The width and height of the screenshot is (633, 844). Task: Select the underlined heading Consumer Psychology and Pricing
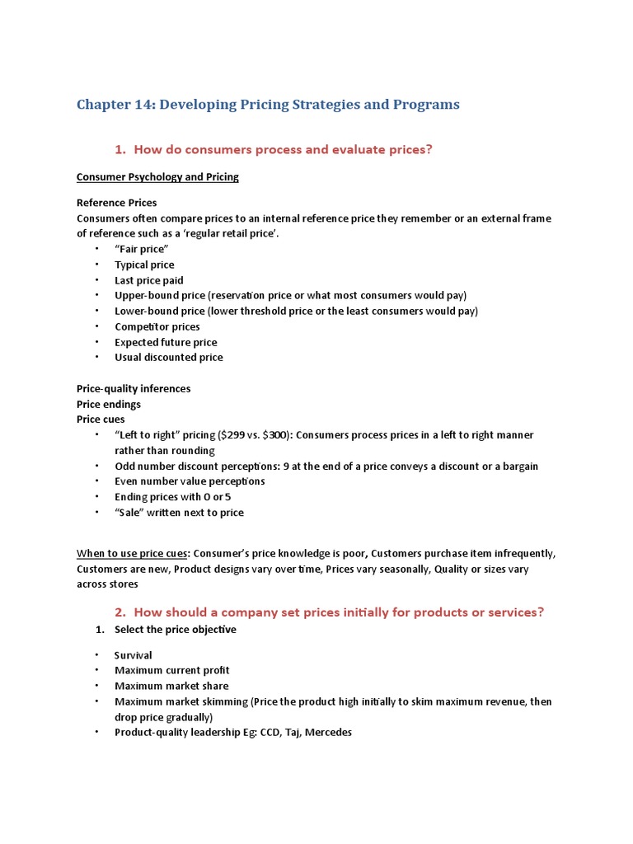pyautogui.click(x=157, y=177)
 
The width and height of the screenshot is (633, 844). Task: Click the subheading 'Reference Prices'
pyautogui.click(x=116, y=203)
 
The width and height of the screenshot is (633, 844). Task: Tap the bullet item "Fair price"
pyautogui.click(x=142, y=249)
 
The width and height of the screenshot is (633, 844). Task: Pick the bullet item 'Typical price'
pyautogui.click(x=144, y=265)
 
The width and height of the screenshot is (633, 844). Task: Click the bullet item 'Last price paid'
pyautogui.click(x=148, y=280)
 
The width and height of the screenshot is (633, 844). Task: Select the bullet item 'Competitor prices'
pyautogui.click(x=157, y=326)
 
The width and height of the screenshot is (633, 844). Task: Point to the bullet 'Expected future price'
pyautogui.click(x=166, y=342)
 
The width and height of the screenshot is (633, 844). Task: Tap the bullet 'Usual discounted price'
pyautogui.click(x=168, y=358)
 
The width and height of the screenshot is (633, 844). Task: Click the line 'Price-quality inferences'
pyautogui.click(x=133, y=388)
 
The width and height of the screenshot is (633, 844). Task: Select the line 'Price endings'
pyautogui.click(x=108, y=404)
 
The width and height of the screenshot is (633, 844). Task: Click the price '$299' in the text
pyautogui.click(x=230, y=435)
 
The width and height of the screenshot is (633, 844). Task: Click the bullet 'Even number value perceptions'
pyautogui.click(x=190, y=481)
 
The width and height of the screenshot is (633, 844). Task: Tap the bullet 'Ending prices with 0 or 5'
pyautogui.click(x=172, y=497)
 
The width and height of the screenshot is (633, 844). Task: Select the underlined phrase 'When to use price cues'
pyautogui.click(x=132, y=553)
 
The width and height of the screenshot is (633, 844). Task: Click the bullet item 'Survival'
pyautogui.click(x=133, y=655)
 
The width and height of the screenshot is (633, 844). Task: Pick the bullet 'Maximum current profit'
pyautogui.click(x=171, y=671)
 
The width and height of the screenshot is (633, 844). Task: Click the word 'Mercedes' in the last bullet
pyautogui.click(x=328, y=732)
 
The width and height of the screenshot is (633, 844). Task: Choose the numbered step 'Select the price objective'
pyautogui.click(x=175, y=630)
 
